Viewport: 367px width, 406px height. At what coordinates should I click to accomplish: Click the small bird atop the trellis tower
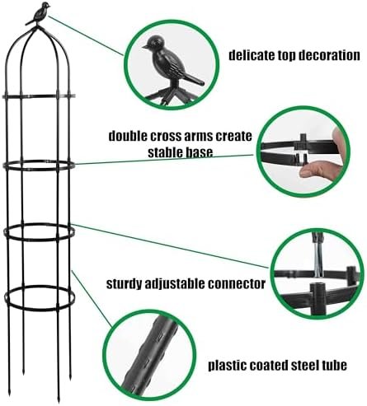39,14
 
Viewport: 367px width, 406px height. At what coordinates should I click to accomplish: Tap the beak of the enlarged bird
144,47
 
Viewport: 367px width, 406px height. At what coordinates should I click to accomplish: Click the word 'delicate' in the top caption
252,55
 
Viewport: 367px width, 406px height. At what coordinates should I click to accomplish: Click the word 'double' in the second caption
127,136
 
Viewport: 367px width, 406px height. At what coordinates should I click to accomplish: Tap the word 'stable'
165,152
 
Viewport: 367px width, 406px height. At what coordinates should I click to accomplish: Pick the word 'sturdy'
124,283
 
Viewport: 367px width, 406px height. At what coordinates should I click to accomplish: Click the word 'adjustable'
175,283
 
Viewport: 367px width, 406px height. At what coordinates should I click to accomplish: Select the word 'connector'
237,283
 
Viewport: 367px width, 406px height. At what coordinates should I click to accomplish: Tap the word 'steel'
304,365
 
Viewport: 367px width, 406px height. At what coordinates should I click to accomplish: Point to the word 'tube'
334,365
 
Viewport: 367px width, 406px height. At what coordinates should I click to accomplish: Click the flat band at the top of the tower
39,96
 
